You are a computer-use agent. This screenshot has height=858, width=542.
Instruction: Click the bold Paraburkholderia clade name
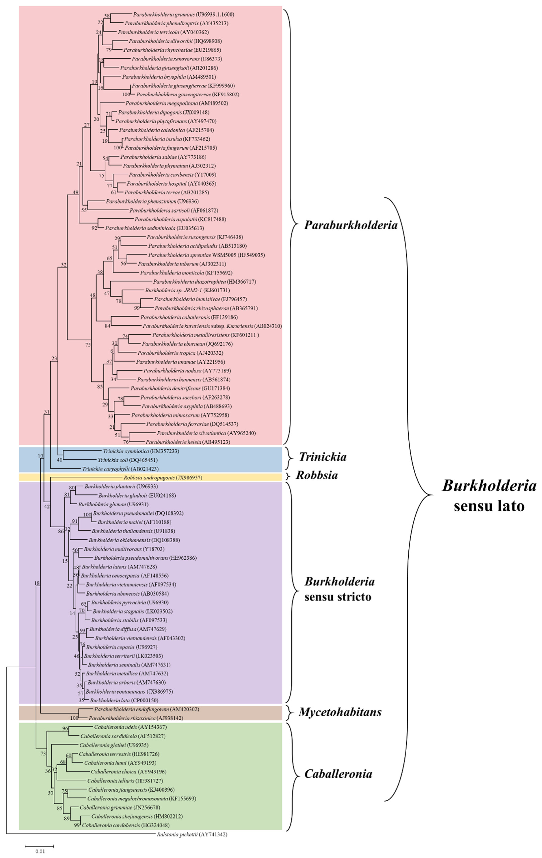pos(351,225)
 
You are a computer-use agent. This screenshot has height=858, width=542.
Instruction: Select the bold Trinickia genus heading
pos(322,457)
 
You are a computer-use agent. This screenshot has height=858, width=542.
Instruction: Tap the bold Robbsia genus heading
pos(317,475)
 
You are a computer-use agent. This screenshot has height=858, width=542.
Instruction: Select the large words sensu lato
pos(489,506)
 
